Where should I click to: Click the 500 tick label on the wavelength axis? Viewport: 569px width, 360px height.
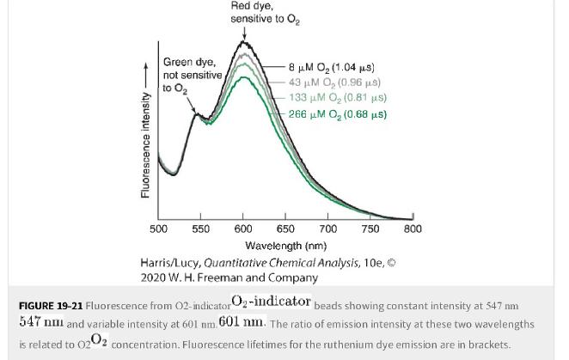pyautogui.click(x=159, y=229)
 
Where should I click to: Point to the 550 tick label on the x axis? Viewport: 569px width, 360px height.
pyautogui.click(x=201, y=229)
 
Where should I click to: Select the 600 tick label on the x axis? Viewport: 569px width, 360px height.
pyautogui.click(x=243, y=229)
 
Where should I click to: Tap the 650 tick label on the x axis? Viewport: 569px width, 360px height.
pyautogui.click(x=285, y=229)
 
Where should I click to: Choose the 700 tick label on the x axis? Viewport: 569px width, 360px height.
pyautogui.click(x=327, y=229)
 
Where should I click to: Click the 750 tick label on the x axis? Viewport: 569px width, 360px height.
pyautogui.click(x=370, y=229)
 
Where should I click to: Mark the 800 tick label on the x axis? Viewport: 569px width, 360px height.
pyautogui.click(x=413, y=229)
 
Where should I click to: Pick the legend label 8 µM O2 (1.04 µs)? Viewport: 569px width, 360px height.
pyautogui.click(x=331, y=67)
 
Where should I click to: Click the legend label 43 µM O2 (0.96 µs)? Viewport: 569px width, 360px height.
pyautogui.click(x=334, y=82)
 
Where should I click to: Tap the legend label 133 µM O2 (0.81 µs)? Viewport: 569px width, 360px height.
pyautogui.click(x=337, y=98)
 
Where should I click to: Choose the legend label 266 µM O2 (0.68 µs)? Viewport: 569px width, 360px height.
pyautogui.click(x=337, y=114)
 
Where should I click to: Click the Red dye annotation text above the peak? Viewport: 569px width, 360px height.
pyautogui.click(x=252, y=6)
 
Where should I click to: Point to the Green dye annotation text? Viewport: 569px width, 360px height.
pyautogui.click(x=189, y=63)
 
